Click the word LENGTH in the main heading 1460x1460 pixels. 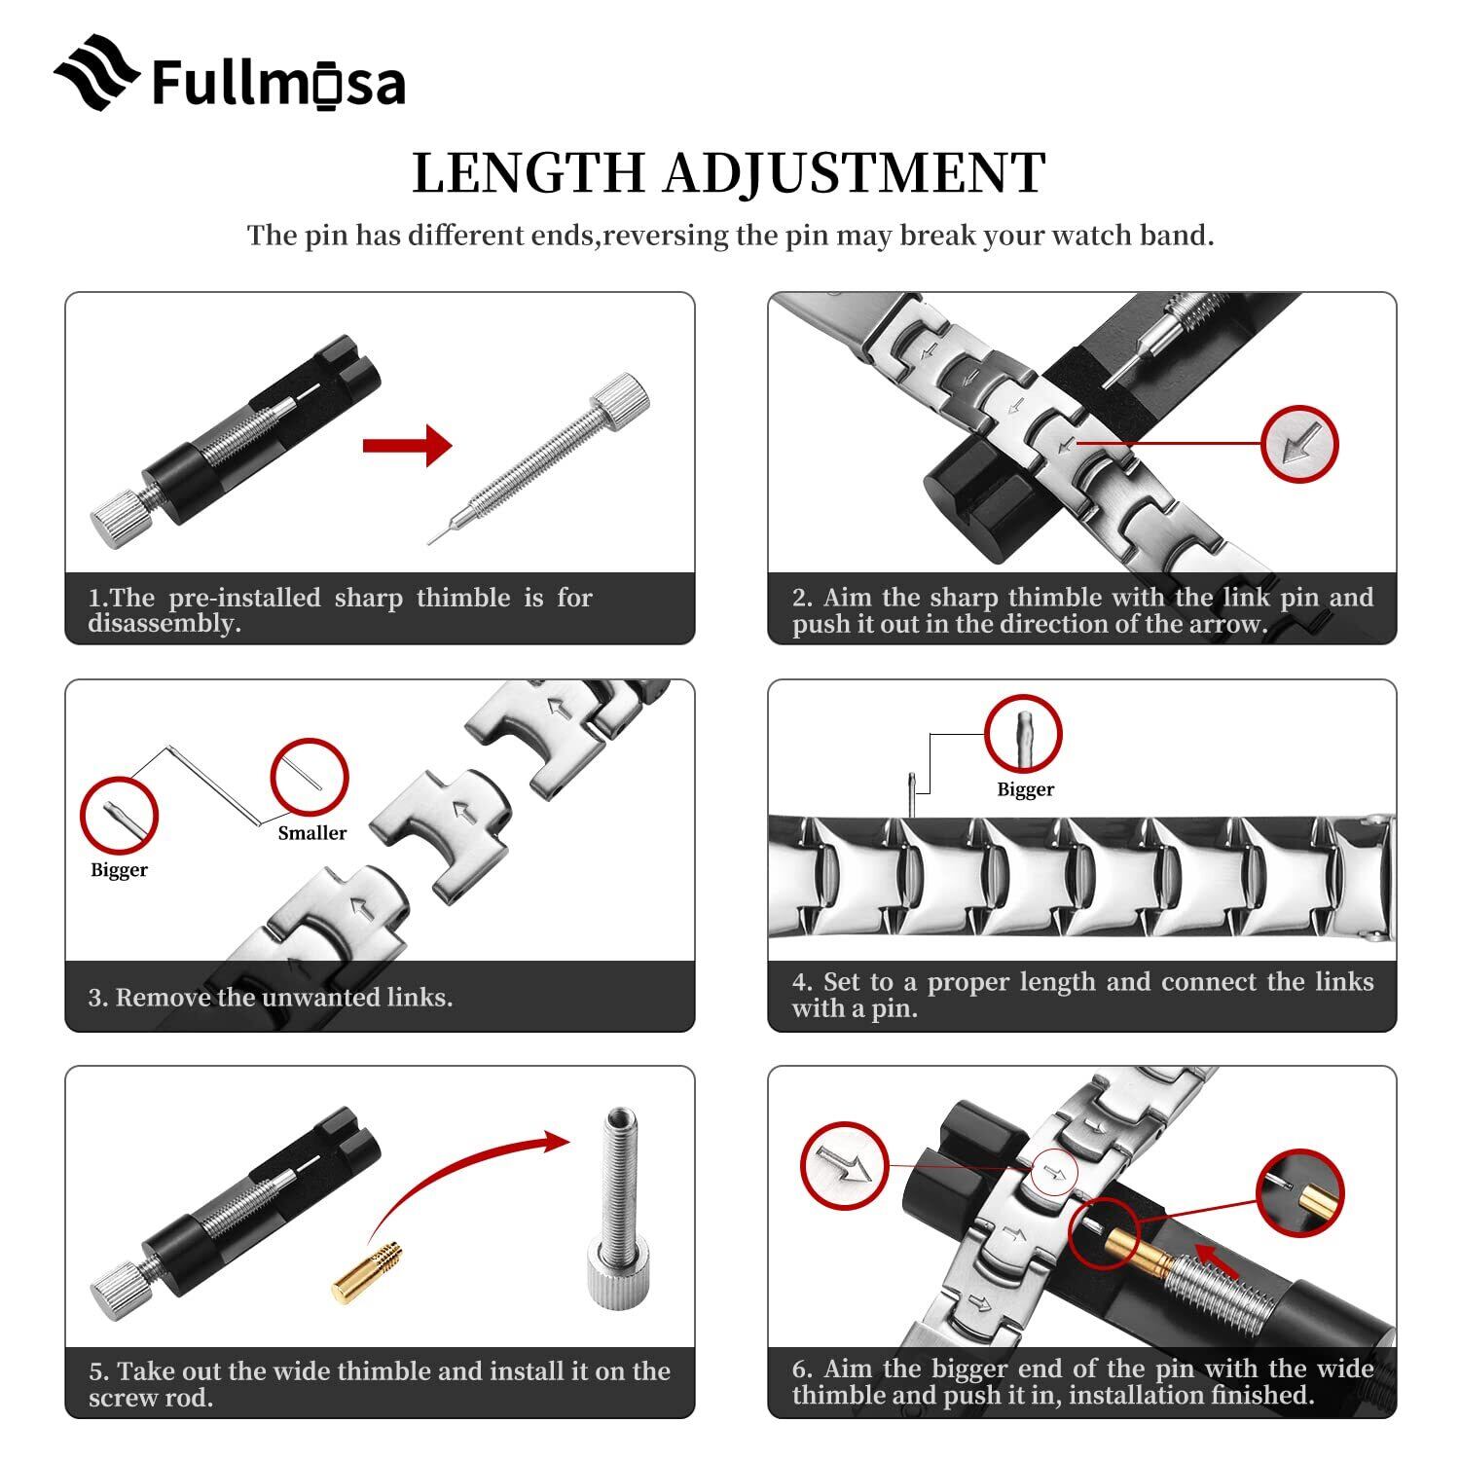[x=529, y=173]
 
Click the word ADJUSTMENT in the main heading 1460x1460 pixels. [x=855, y=173]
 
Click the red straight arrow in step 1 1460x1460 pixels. [x=407, y=447]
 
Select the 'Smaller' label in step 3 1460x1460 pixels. [x=311, y=833]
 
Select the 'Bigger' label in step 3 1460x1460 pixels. [x=119, y=870]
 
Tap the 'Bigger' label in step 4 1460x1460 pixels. [x=1025, y=789]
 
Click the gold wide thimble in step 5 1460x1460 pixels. [x=367, y=1271]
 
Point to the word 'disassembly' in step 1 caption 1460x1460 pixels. [x=164, y=624]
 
